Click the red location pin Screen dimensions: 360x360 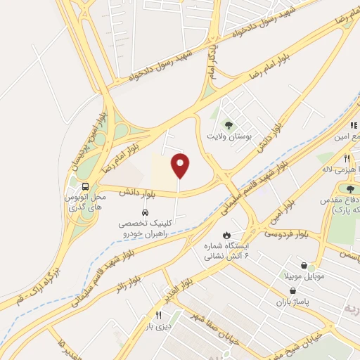(181, 166)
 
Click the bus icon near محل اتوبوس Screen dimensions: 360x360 (85, 186)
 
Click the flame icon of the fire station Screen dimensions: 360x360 (226, 234)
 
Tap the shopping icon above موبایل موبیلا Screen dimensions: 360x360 (304, 266)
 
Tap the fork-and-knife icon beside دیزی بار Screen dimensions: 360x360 (158, 316)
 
